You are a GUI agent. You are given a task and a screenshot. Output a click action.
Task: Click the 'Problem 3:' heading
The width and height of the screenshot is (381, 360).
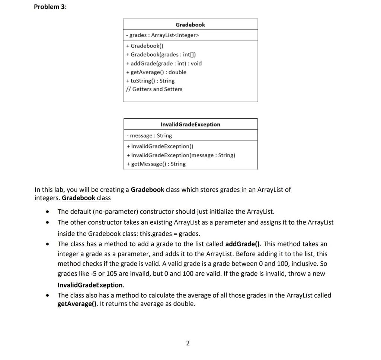(50, 7)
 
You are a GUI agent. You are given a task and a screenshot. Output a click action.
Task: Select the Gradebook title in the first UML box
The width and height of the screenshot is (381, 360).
(190, 25)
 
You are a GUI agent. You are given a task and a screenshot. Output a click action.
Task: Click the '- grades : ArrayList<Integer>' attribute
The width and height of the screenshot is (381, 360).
(163, 35)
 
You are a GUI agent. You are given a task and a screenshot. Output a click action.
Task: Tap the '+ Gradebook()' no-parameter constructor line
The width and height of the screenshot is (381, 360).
(145, 46)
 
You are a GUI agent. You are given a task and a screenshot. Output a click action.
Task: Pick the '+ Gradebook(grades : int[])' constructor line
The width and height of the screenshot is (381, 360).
(159, 55)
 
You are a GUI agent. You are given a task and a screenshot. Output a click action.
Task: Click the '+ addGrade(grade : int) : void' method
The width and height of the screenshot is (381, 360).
(164, 63)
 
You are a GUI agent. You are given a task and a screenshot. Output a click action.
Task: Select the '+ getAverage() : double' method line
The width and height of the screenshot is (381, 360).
(156, 72)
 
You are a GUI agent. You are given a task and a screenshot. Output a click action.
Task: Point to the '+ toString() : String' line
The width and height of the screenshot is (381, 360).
(150, 81)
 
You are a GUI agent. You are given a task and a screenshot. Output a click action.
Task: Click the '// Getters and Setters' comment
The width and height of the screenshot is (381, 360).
(154, 89)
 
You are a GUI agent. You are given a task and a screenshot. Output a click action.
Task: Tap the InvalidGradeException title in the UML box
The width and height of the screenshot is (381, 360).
(190, 125)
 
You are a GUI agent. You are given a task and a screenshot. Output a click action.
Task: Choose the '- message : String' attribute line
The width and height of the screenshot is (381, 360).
(149, 136)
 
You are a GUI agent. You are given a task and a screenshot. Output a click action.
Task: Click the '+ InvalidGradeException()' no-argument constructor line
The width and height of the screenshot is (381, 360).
(160, 146)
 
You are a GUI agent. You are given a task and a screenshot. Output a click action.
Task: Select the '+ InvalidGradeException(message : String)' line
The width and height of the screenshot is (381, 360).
(181, 155)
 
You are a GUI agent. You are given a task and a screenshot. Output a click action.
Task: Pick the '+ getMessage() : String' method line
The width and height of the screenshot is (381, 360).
(156, 164)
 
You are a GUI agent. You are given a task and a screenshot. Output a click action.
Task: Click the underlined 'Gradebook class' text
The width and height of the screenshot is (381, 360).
(86, 198)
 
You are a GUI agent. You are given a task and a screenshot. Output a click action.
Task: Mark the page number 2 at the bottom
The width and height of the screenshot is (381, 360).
(188, 343)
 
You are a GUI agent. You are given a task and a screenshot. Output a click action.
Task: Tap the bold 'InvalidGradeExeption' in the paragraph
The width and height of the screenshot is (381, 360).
(90, 285)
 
